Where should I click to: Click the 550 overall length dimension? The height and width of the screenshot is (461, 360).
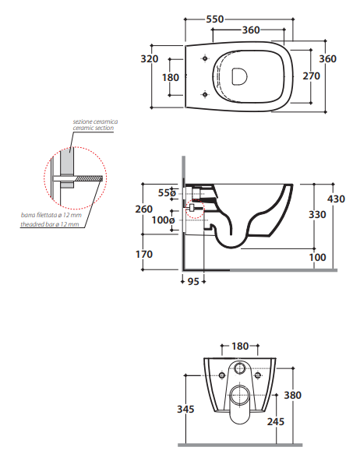point(215,19)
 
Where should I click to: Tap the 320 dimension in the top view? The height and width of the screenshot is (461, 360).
point(150,59)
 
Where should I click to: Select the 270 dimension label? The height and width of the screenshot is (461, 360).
point(312,76)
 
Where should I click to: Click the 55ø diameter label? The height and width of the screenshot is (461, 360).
point(167,192)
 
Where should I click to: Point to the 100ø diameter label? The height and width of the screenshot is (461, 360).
point(163,220)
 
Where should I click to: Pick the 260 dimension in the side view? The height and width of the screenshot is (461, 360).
point(144,209)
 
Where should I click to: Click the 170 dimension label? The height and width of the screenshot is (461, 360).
point(144,254)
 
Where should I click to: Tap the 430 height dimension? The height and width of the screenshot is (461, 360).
point(336,199)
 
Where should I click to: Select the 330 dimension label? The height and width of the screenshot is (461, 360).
point(317,215)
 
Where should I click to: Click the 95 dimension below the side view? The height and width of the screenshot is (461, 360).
point(193,282)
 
